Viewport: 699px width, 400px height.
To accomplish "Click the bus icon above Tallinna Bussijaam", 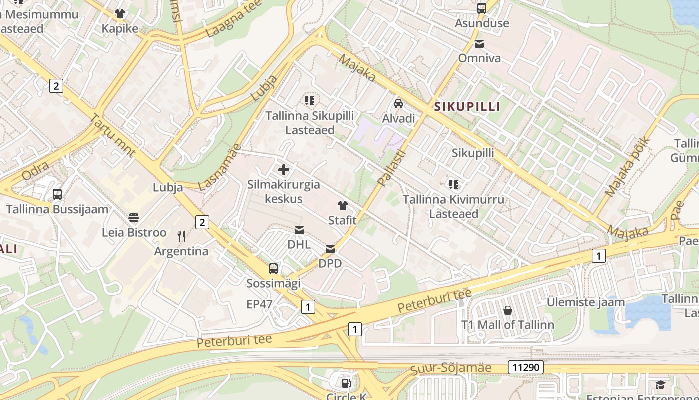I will (57, 194).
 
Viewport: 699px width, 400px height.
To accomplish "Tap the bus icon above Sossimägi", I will (273, 269).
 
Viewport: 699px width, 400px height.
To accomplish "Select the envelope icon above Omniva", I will (479, 44).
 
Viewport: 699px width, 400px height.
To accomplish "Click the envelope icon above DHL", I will (299, 230).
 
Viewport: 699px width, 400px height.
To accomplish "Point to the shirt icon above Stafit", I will (342, 206).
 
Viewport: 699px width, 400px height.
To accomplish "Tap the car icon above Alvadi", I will (398, 104).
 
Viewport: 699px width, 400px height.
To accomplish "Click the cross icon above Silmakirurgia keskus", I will (284, 170).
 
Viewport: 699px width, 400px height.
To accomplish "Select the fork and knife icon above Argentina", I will (181, 236).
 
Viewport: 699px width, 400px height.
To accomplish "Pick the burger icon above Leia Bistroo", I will (134, 218).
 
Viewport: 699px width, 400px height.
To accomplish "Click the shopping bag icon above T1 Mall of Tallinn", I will (508, 310).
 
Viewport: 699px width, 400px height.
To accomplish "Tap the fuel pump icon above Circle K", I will (346, 383).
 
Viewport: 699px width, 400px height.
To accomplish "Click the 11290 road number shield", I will (526, 368).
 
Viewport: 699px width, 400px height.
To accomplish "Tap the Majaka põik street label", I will (628, 166).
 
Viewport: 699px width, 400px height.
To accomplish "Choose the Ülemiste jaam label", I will (586, 302).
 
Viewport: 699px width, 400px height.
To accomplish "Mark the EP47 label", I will (259, 304).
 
